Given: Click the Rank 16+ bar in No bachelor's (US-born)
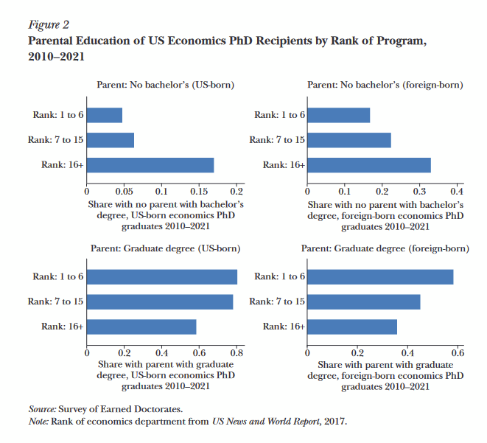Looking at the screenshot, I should [150, 164].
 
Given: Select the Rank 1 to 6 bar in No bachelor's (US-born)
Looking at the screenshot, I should [105, 115].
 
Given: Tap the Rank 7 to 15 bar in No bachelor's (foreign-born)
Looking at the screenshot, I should [348, 140].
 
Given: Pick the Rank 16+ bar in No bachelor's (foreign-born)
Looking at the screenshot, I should [368, 164].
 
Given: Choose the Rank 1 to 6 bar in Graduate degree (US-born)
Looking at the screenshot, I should [162, 276].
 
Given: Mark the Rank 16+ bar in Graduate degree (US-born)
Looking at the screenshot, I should [141, 326].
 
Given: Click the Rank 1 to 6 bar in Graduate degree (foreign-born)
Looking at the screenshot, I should [379, 276].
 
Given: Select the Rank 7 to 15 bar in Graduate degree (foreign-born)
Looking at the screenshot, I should [363, 301].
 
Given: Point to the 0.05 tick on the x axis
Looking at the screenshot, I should [125, 189].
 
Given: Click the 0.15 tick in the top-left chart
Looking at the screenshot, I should [199, 189].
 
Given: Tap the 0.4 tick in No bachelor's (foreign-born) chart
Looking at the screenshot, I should [457, 189].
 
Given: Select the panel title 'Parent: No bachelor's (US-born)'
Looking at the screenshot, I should [165, 86].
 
